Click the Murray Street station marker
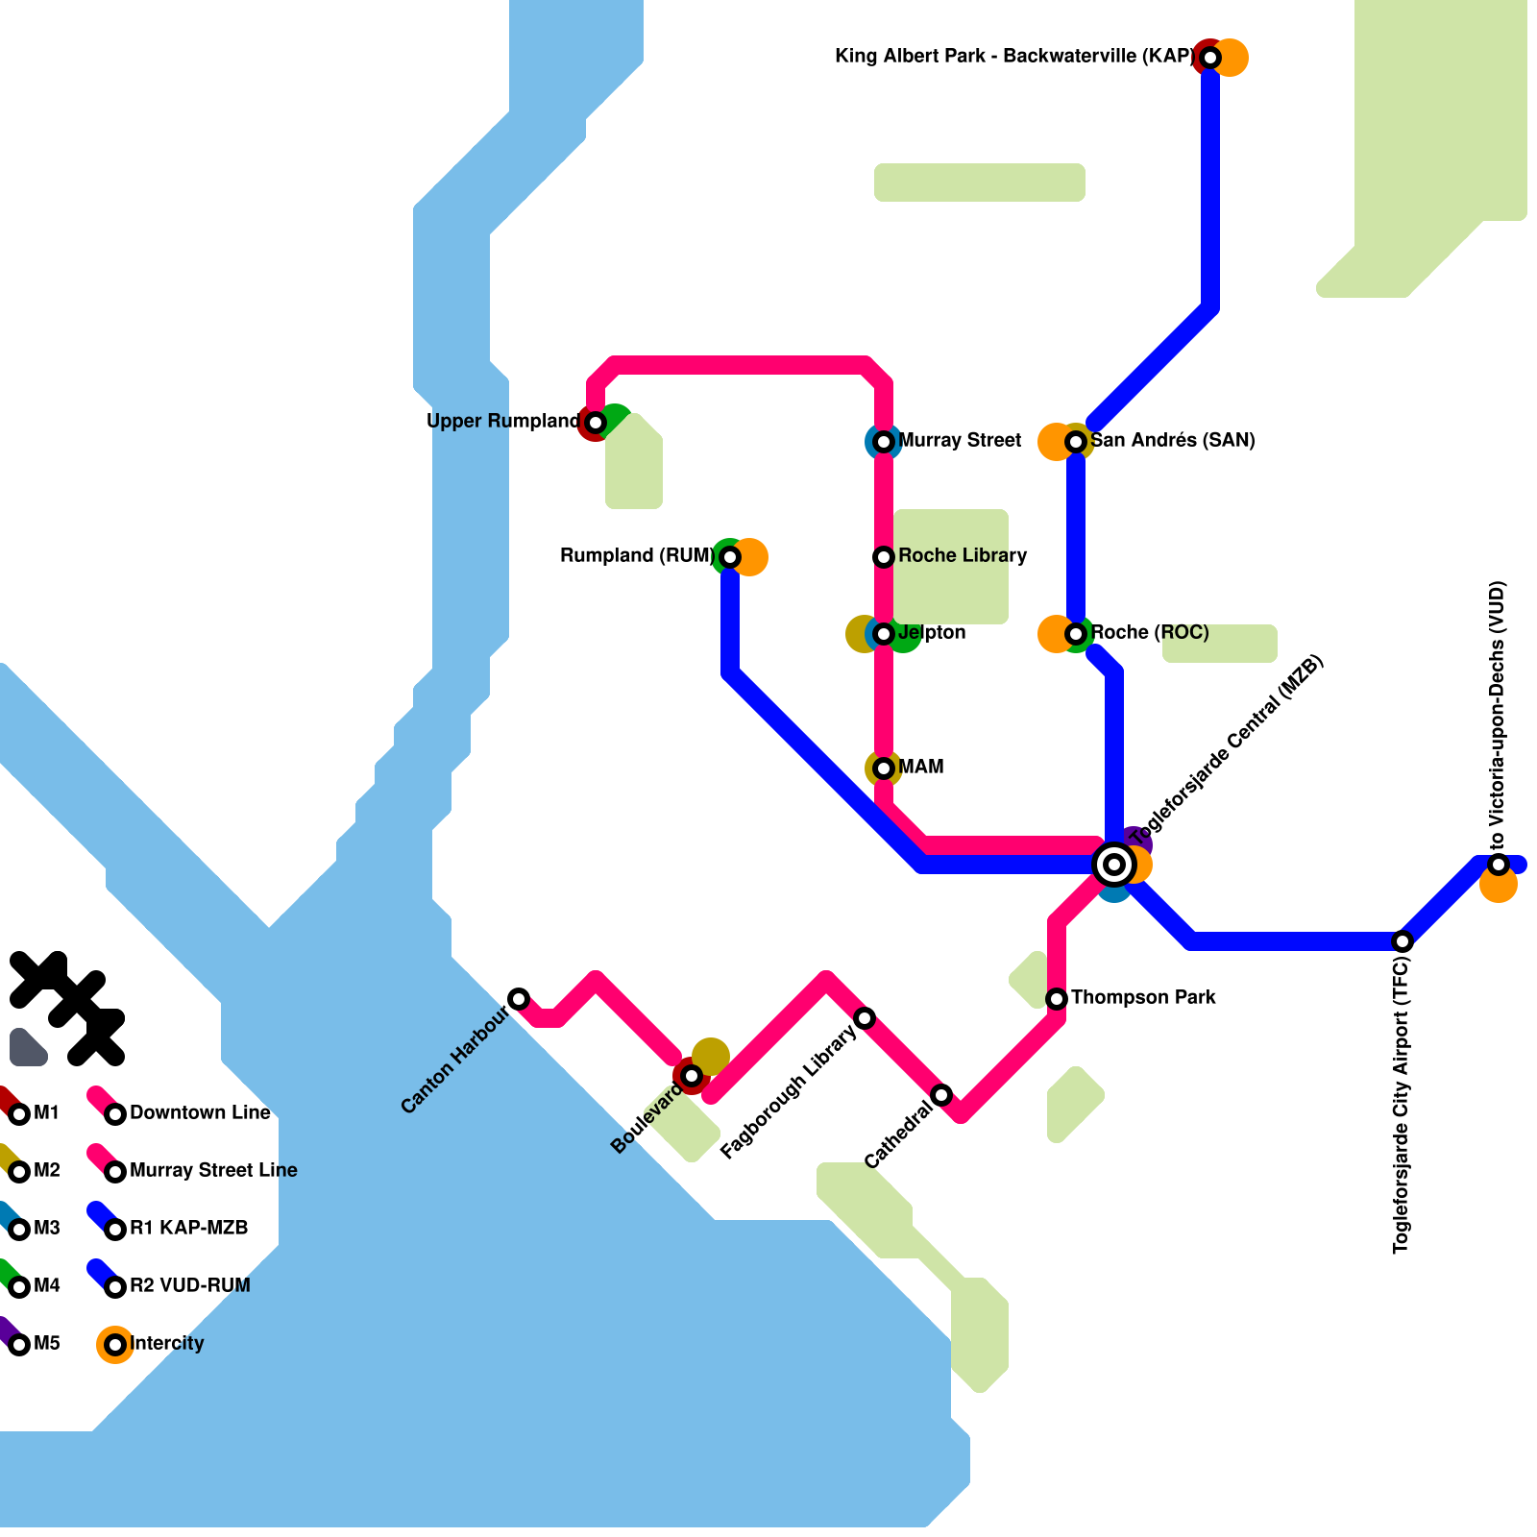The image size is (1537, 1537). click(x=884, y=442)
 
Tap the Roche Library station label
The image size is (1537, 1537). click(x=963, y=556)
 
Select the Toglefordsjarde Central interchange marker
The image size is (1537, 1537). click(x=1114, y=865)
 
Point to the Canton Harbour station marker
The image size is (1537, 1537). click(x=519, y=999)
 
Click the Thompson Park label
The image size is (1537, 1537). click(x=1143, y=998)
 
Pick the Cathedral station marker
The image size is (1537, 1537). click(x=941, y=1095)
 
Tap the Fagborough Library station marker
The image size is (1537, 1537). click(x=865, y=1018)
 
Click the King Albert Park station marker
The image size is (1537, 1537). click(x=1210, y=58)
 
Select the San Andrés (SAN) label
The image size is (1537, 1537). click(x=1173, y=441)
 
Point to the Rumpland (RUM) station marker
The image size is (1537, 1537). click(x=730, y=557)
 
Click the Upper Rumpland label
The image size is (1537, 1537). click(x=502, y=422)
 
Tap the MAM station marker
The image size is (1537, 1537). click(x=884, y=768)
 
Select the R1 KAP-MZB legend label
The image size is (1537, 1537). click(x=188, y=1229)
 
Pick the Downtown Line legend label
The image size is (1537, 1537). click(x=200, y=1113)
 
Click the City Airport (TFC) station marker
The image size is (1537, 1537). click(x=1403, y=941)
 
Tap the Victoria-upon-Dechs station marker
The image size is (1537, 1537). click(x=1499, y=865)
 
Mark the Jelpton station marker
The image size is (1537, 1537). click(x=884, y=634)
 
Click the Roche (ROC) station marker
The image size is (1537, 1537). click(x=1076, y=634)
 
